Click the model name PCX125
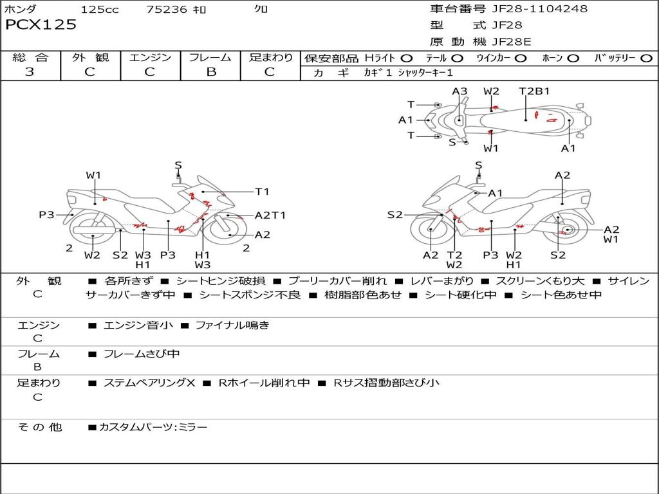click(x=41, y=24)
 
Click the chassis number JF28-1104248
click(x=537, y=8)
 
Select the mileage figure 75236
click(x=166, y=9)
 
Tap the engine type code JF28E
click(x=512, y=42)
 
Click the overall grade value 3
click(x=30, y=71)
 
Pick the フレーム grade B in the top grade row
click(x=211, y=72)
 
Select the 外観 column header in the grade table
click(x=90, y=57)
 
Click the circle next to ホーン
click(x=573, y=59)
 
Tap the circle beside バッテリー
click(x=646, y=59)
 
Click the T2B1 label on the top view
click(x=534, y=91)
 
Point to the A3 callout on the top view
click(x=459, y=91)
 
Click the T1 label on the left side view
click(x=262, y=192)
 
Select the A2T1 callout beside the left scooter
click(x=270, y=215)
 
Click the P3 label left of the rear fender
click(x=46, y=215)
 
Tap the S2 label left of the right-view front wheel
click(x=394, y=215)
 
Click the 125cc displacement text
click(x=100, y=9)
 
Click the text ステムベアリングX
click(x=149, y=383)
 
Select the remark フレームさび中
click(x=142, y=354)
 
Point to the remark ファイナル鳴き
click(x=232, y=325)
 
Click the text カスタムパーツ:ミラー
click(x=153, y=427)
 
